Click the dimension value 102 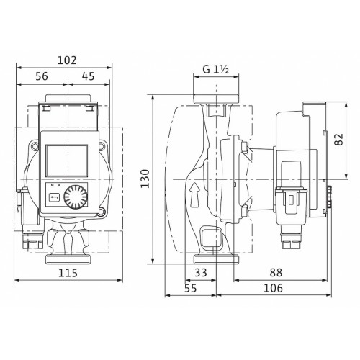(x=67, y=60)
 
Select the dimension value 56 (x=42, y=76)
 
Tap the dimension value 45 (x=88, y=76)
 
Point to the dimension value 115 (x=68, y=273)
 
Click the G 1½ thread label (x=216, y=70)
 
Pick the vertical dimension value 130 (x=145, y=179)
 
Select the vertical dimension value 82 (x=339, y=139)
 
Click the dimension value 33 (x=201, y=273)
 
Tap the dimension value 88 (x=276, y=273)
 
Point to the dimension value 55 (x=191, y=288)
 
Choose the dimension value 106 (x=273, y=288)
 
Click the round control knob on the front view (x=76, y=197)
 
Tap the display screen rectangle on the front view (x=66, y=161)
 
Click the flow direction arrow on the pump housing (x=194, y=194)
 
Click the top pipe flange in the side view (x=216, y=99)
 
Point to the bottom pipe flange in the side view (x=216, y=259)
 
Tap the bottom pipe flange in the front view (x=68, y=259)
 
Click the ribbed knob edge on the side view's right (x=329, y=197)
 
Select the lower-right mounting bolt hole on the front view (x=102, y=212)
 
